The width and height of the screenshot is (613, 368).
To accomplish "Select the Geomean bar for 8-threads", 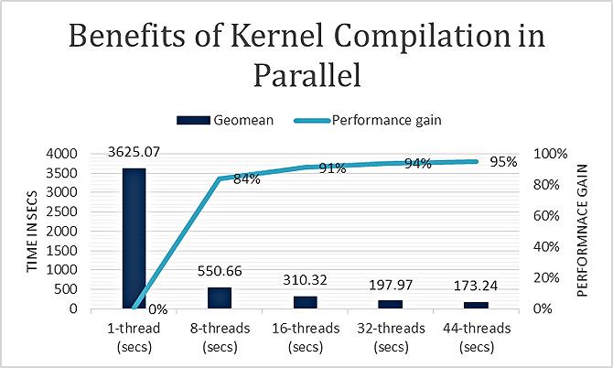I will click(x=219, y=298).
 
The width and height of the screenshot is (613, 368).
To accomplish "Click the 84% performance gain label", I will click(x=246, y=179).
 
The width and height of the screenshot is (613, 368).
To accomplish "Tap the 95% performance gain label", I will click(x=503, y=161).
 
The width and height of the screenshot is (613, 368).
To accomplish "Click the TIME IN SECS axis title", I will click(x=33, y=232).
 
